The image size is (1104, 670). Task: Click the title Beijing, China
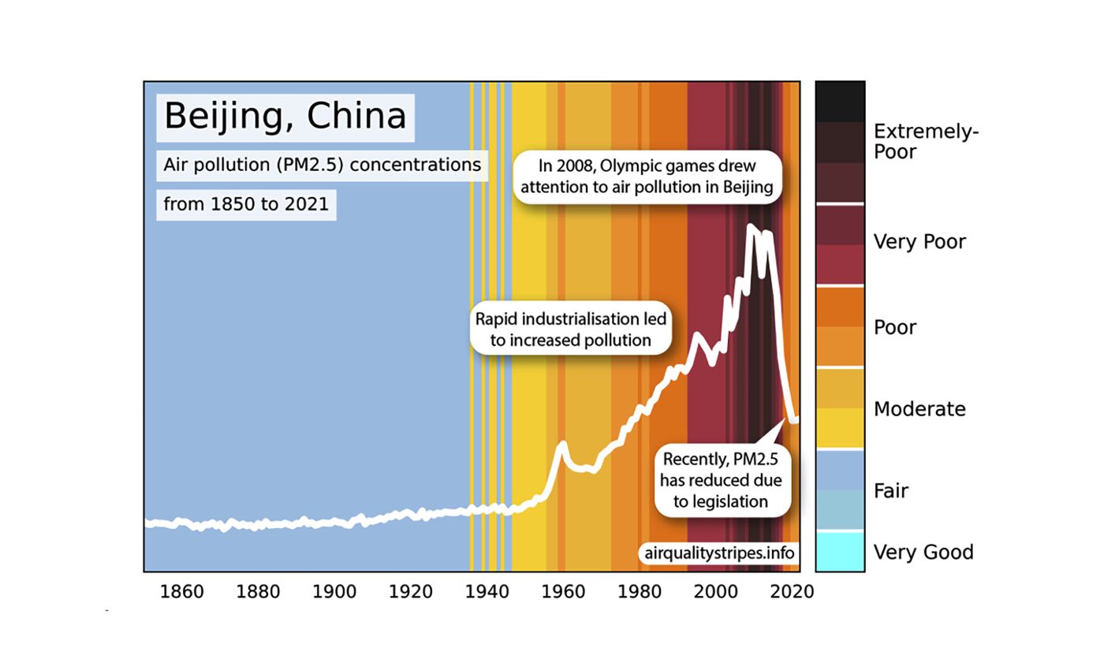[x=285, y=117]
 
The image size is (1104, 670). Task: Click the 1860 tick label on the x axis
[x=181, y=592]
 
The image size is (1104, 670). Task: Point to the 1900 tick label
[x=334, y=592]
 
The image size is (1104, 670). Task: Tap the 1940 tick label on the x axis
[x=487, y=592]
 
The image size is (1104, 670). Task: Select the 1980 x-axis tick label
[x=640, y=592]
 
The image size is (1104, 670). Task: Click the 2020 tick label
[x=792, y=592]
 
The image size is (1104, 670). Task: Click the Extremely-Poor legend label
[x=925, y=142]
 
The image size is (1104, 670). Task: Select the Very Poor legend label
[x=919, y=242]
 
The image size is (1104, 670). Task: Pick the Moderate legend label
[x=919, y=409]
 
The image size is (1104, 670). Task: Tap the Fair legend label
[x=891, y=491]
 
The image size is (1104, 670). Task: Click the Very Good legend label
[x=923, y=553]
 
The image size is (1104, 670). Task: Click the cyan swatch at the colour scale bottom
[x=839, y=552]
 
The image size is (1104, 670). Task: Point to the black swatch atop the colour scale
[x=839, y=101]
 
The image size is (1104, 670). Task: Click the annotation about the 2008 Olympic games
[x=647, y=177]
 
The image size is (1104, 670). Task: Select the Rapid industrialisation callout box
[x=570, y=329]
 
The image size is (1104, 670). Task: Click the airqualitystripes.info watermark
[x=718, y=553]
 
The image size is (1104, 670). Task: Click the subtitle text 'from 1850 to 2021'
[x=246, y=204]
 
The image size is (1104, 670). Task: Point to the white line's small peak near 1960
[x=562, y=445]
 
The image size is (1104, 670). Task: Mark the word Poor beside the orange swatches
[x=894, y=327]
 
